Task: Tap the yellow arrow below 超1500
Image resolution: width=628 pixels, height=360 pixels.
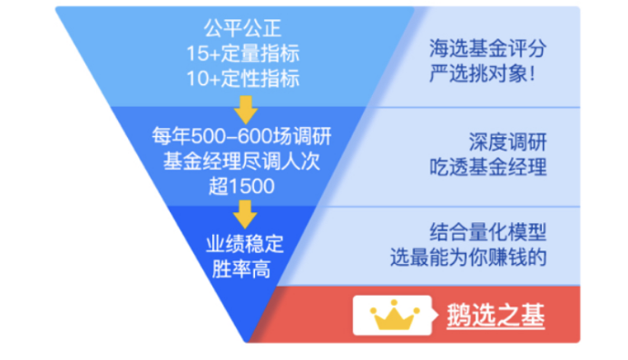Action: pyautogui.click(x=242, y=216)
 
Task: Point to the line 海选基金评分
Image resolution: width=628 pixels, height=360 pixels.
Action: pyautogui.click(x=489, y=49)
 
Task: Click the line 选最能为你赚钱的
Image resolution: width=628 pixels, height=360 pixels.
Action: pyautogui.click(x=489, y=256)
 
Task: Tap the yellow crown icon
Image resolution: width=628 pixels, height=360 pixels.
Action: pyautogui.click(x=393, y=317)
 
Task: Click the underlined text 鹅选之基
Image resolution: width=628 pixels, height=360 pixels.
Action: pyautogui.click(x=496, y=317)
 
